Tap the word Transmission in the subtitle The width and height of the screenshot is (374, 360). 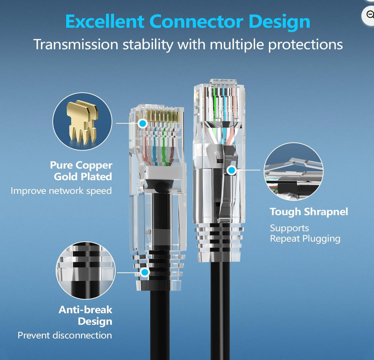tap(76, 44)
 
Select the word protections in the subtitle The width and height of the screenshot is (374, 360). tap(306, 45)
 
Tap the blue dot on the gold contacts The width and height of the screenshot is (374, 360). tap(142, 123)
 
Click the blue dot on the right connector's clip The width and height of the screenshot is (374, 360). tap(232, 170)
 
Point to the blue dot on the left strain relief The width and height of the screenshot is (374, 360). tap(144, 272)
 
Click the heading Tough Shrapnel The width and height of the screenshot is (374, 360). tap(309, 212)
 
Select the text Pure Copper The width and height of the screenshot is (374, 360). tap(81, 165)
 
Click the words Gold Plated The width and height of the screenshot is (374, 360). tap(83, 177)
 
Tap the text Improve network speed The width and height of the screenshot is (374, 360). tap(61, 191)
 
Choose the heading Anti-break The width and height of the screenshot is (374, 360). tap(85, 310)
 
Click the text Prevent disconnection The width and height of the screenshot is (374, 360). tap(65, 335)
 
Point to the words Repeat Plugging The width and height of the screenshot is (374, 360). tap(305, 239)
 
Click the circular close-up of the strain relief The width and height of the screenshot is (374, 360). tap(86, 270)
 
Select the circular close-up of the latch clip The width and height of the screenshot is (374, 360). tap(294, 172)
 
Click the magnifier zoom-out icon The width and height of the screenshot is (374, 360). tap(370, 15)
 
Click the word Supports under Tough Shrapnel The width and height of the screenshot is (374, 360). tap(289, 228)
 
